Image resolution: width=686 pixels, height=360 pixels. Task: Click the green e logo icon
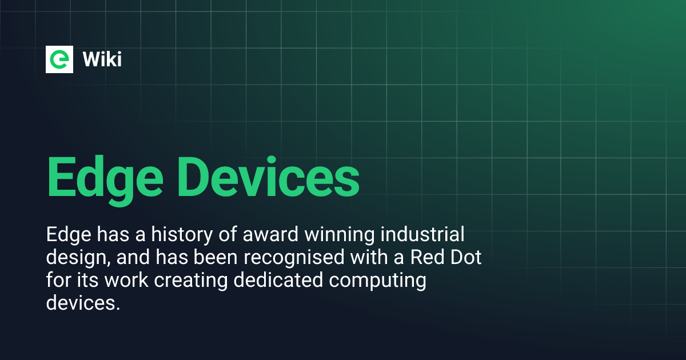coord(60,59)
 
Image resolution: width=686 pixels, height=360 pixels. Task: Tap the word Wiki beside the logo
coord(102,59)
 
